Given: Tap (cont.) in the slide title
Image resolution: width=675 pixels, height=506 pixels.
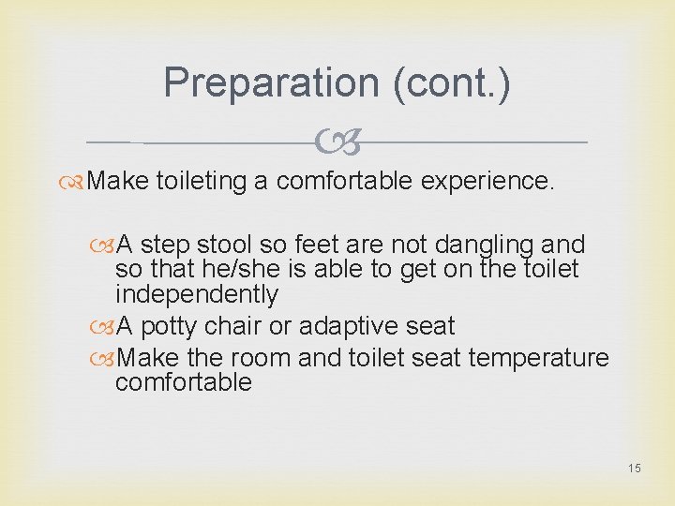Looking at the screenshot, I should (x=453, y=82).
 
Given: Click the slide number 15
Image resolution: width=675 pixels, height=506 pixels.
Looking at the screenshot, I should (x=635, y=468).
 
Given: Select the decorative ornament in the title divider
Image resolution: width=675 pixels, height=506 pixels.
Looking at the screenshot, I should (x=337, y=142).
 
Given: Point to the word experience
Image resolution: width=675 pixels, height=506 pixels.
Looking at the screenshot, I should (x=487, y=181).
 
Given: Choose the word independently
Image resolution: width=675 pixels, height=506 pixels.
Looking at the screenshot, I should (x=197, y=294).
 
